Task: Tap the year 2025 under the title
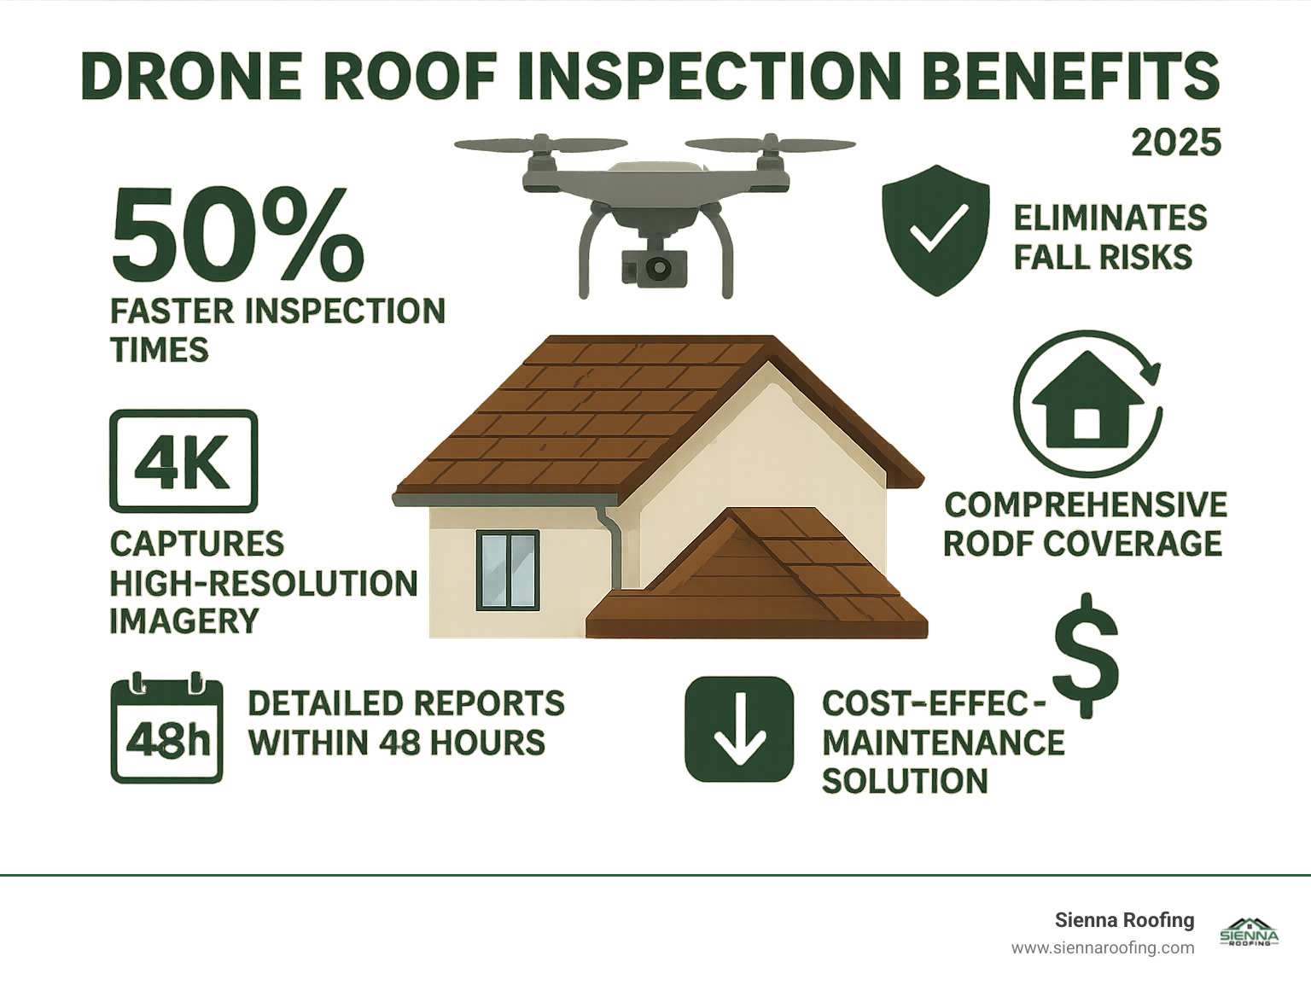[1176, 143]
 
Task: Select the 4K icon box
[184, 461]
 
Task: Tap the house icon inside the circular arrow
[1087, 400]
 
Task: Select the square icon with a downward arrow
[739, 729]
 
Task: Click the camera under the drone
[655, 268]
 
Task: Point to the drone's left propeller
[540, 144]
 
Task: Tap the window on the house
[508, 569]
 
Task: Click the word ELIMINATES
[1110, 219]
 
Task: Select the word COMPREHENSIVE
[1086, 504]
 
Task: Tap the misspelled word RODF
[987, 544]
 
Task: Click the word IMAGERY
[184, 621]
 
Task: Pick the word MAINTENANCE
[943, 743]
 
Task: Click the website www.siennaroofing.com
[1102, 947]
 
